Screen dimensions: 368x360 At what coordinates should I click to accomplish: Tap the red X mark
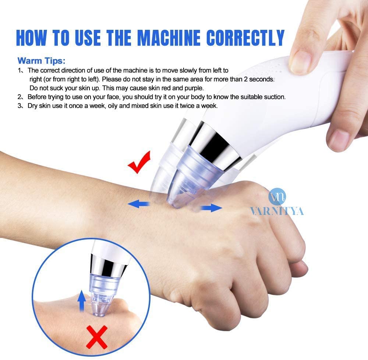(x=97, y=337)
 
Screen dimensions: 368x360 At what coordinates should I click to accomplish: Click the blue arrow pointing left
(x=138, y=204)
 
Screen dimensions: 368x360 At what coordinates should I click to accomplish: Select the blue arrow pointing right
(x=211, y=208)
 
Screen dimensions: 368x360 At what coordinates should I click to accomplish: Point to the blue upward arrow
(x=81, y=301)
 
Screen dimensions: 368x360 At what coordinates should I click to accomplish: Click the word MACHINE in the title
(x=169, y=38)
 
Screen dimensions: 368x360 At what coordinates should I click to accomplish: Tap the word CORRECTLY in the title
(x=245, y=38)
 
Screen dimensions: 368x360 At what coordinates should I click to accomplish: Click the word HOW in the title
(x=31, y=38)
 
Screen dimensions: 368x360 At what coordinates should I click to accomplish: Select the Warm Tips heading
(x=41, y=60)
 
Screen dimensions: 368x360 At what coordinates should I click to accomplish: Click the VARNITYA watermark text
(x=277, y=211)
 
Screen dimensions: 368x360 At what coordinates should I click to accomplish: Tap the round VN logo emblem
(x=277, y=197)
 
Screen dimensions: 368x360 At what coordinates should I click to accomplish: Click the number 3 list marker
(x=20, y=106)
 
